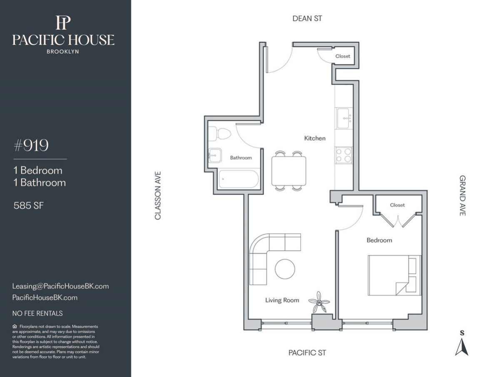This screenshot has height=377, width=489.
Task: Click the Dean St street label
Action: coord(307,19)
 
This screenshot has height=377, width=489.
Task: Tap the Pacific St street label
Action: coord(307,353)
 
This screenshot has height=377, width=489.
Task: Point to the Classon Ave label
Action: coord(158,195)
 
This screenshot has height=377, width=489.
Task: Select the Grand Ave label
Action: coord(462,195)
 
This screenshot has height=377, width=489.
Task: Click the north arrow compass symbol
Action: coord(462,346)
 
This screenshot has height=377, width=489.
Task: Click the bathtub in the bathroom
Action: coord(239,179)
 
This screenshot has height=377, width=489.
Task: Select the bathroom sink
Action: coord(215,155)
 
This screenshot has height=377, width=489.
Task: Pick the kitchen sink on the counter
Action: coord(344,118)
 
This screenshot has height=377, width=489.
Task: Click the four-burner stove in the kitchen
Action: coord(344,155)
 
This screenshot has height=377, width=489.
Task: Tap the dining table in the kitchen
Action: coord(289,171)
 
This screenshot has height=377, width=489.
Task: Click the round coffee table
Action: coord(285,269)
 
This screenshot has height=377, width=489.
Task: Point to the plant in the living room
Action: coord(319,302)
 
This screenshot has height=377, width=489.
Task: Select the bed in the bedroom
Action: coord(394,275)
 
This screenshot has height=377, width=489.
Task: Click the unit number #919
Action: coord(31,145)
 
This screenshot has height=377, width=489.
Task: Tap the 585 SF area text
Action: coord(28,205)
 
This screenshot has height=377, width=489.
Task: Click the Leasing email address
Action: coord(60,286)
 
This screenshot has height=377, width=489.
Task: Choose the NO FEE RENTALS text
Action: coord(37,313)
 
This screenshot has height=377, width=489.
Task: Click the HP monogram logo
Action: coord(63,23)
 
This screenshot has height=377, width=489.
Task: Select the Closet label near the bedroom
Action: coord(397,205)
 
